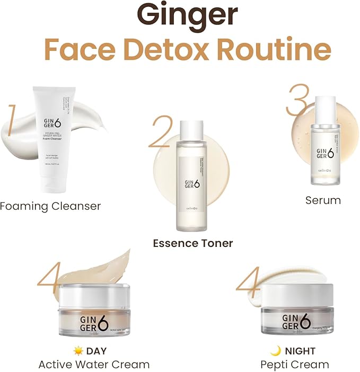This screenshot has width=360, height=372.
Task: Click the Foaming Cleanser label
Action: [50, 206]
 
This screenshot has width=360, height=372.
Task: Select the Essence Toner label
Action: [193, 243]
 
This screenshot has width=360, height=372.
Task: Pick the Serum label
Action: [323, 200]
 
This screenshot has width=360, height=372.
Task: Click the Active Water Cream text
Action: [94, 364]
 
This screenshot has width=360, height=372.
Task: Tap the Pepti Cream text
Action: [294, 364]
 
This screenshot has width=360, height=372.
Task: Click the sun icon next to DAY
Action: [78, 351]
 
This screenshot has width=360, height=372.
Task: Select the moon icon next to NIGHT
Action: [275, 351]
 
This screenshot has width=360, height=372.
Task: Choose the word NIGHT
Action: [300, 351]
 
